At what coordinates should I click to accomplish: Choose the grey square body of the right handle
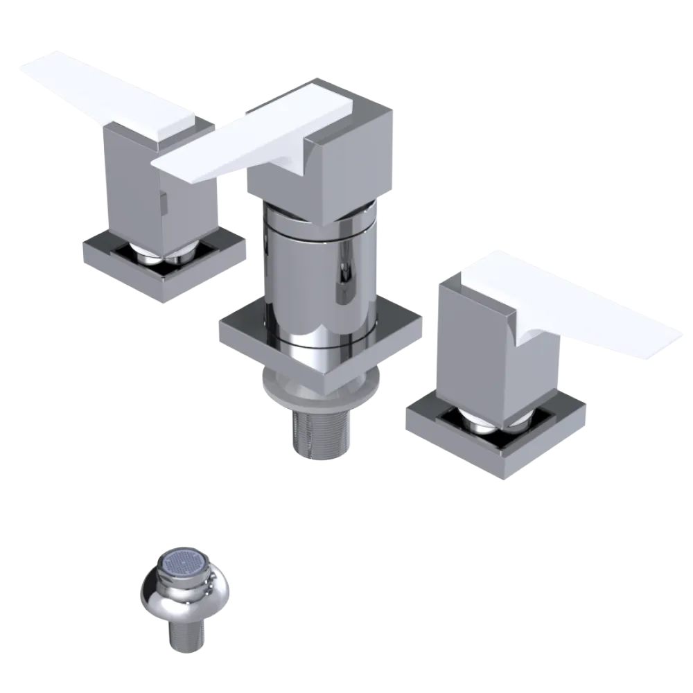pyautogui.click(x=471, y=346)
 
